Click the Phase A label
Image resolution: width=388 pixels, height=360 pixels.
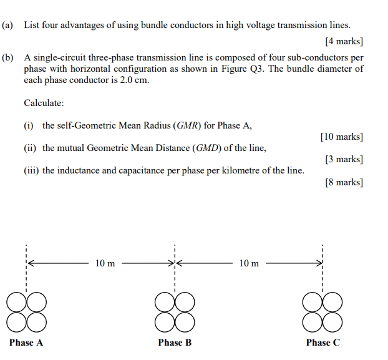click(x=26, y=343)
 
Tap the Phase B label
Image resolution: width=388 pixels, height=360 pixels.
click(x=175, y=343)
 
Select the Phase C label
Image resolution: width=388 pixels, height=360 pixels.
click(x=323, y=343)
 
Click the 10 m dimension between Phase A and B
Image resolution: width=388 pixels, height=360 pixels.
click(x=105, y=263)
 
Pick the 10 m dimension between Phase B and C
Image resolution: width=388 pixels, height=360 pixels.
click(x=249, y=263)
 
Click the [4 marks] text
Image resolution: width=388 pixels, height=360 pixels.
click(x=344, y=42)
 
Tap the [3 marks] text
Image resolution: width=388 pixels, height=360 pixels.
click(x=344, y=159)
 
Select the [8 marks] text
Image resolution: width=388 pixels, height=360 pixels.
click(x=344, y=182)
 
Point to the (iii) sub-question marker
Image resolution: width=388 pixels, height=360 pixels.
click(x=31, y=170)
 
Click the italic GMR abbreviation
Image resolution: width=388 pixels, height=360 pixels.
click(x=188, y=125)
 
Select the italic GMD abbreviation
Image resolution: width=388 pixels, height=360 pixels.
click(x=208, y=148)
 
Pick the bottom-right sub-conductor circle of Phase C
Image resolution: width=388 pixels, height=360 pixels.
click(x=332, y=322)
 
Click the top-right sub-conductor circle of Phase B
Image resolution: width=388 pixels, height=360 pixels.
click(x=185, y=303)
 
